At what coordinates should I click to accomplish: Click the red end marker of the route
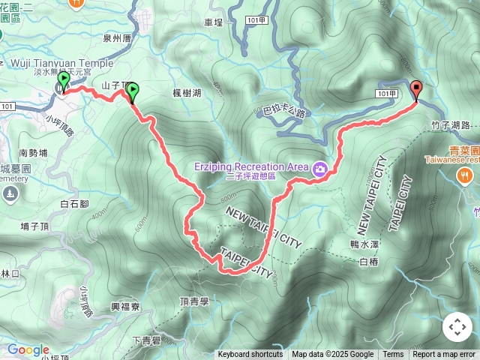point(417,89)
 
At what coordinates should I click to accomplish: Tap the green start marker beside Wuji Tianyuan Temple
point(64,80)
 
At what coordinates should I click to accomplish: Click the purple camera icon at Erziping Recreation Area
point(320,169)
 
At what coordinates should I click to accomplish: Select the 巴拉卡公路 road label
point(285,112)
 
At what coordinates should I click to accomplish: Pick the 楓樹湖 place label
point(187,92)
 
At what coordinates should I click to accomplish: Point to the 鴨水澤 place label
point(365,244)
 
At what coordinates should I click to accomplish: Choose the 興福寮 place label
point(125,307)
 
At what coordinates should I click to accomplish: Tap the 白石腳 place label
point(74,203)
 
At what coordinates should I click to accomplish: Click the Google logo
point(28,349)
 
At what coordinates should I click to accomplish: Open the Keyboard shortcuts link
point(250,354)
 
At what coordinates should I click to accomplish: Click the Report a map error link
point(444,354)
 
